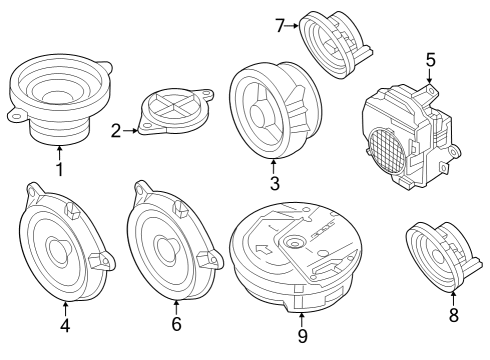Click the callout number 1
coord(60,169)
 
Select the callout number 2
coord(116,131)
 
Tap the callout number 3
coord(274,183)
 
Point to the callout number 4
coord(65,325)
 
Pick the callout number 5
coord(430,60)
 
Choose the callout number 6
coord(176,324)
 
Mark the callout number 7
coord(280,26)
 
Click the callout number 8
coord(453,315)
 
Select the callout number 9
coord(302,336)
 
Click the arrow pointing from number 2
coord(130,131)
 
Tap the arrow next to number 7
coord(292,25)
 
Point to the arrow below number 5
coord(430,76)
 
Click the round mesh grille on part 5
coord(388,150)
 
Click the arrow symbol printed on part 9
coord(263,248)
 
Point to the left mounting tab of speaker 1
coord(16,114)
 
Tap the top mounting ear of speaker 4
coord(33,192)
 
